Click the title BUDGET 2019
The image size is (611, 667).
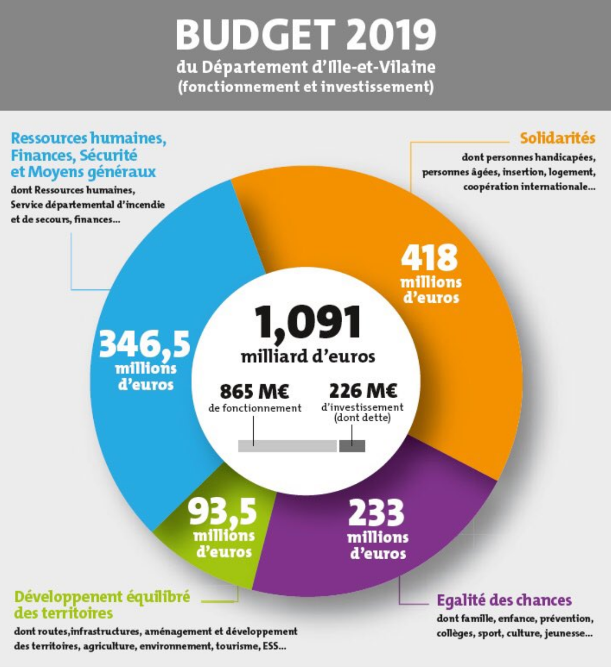[x=305, y=35]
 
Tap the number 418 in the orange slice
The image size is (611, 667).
[x=429, y=258]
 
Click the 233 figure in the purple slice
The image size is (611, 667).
[x=376, y=513]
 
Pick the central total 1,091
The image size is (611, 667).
[x=308, y=322]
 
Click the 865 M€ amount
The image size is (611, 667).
[x=254, y=390]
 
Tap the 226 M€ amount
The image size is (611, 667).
[x=363, y=390]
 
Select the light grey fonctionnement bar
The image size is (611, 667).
[x=287, y=446]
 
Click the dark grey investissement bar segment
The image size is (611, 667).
[x=352, y=446]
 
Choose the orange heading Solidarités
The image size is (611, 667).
[x=558, y=138]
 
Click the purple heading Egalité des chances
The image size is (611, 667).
[x=504, y=600]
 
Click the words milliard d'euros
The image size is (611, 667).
[x=308, y=357]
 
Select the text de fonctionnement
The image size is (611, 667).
[x=255, y=408]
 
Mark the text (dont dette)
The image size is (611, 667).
[x=362, y=418]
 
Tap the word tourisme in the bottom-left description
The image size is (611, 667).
[x=236, y=646]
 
